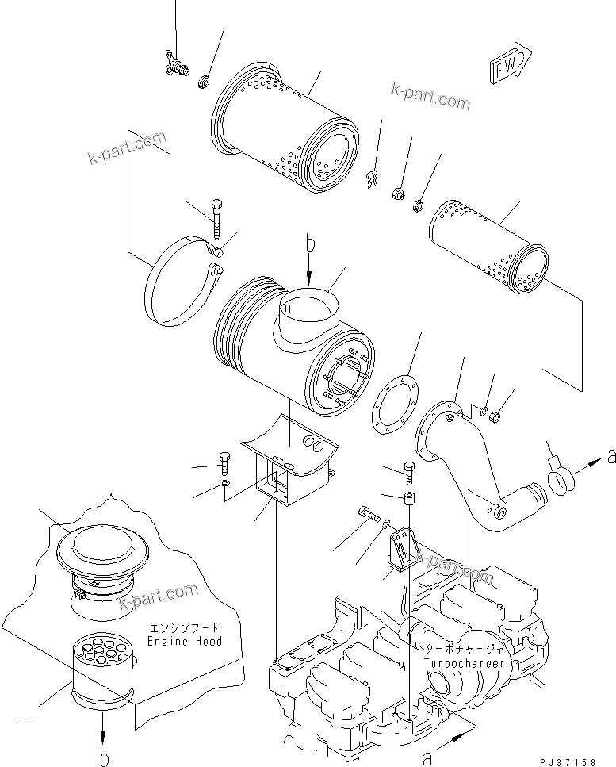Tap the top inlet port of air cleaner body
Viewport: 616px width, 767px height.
(x=310, y=309)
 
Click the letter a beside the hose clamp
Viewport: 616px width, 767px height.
(x=610, y=456)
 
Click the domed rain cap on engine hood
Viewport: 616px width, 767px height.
(x=99, y=556)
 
